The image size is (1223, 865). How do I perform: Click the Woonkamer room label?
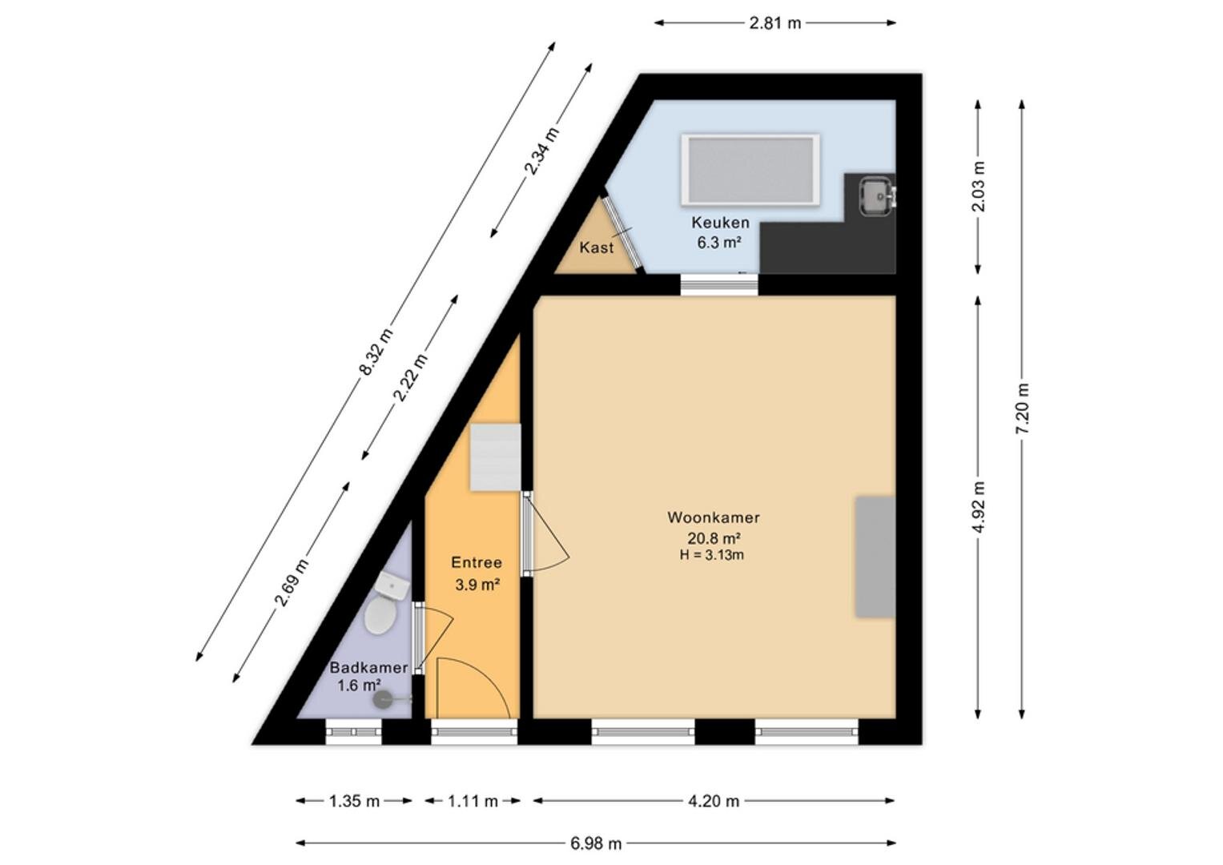tap(713, 517)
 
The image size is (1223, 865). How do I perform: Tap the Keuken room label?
tap(720, 223)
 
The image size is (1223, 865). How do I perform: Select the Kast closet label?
tap(596, 247)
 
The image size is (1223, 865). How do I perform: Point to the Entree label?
tap(476, 562)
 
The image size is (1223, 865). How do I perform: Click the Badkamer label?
tap(368, 667)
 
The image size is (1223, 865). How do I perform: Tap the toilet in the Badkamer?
tap(380, 615)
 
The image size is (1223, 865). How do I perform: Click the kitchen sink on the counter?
tap(877, 195)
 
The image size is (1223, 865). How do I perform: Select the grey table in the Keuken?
tap(750, 170)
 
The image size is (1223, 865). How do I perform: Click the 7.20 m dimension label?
tap(1022, 409)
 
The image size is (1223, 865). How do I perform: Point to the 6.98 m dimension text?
tap(596, 843)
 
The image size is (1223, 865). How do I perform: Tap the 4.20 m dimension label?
tap(713, 801)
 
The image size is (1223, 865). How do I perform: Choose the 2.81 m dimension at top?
tap(774, 23)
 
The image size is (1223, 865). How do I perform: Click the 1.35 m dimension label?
tap(354, 801)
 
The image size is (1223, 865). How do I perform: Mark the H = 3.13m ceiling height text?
tap(711, 555)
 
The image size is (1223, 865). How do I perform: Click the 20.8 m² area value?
tap(714, 538)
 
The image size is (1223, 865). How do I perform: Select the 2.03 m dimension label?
tap(979, 187)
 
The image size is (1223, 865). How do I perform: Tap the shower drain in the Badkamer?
tap(383, 699)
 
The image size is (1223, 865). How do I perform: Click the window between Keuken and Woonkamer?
tap(719, 284)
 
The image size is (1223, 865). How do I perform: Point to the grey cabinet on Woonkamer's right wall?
tap(875, 557)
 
